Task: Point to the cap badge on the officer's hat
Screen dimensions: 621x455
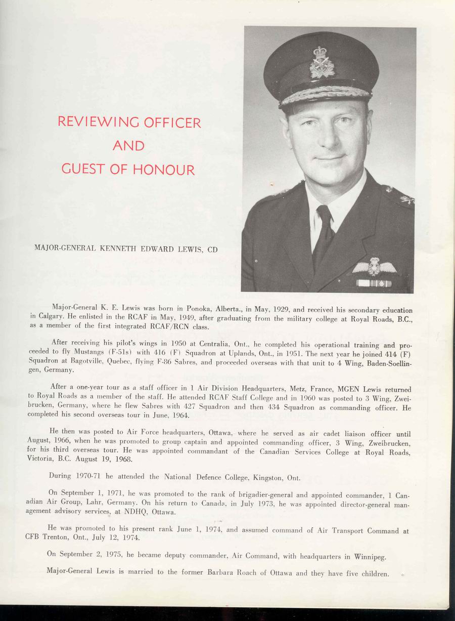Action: [322, 63]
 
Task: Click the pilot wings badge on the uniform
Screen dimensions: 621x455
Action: [374, 267]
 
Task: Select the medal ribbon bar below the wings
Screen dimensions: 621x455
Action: [374, 283]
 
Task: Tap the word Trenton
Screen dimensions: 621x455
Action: [52, 538]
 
